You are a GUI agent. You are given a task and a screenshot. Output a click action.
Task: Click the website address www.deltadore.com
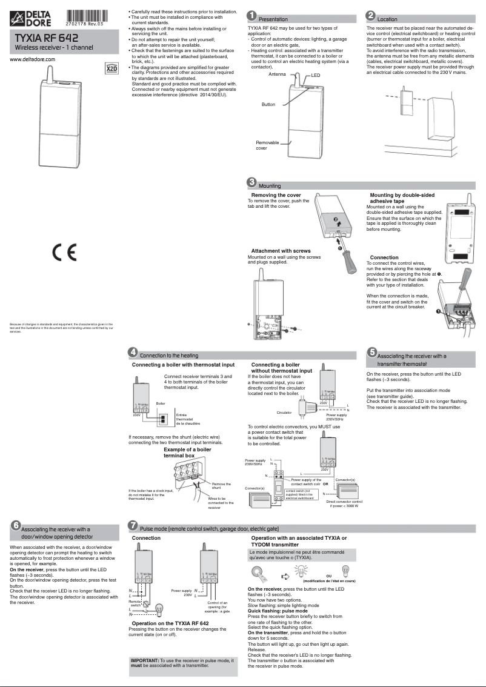pos(33,59)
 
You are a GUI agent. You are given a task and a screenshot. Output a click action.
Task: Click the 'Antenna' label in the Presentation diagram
pos(277,74)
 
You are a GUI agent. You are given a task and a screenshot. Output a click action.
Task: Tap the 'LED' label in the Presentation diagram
pos(316,76)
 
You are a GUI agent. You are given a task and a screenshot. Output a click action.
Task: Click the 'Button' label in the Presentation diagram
pos(268,104)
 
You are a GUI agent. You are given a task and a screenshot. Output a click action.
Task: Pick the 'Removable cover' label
pos(267,145)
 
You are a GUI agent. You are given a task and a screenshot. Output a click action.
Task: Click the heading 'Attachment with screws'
pos(281,251)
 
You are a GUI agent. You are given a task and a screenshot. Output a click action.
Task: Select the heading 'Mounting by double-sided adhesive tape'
pos(402,198)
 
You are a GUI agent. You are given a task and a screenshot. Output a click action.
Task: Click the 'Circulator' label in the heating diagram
pos(284,413)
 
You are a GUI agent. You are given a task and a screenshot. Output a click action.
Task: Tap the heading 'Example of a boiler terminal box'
pos(187,453)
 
